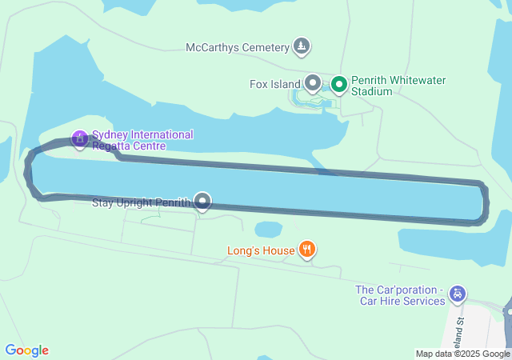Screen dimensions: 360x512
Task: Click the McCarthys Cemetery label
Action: coord(237,47)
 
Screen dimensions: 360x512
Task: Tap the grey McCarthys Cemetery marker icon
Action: coord(301,46)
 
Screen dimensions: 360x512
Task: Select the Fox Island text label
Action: coord(274,83)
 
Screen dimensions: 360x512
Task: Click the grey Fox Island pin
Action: coord(312,82)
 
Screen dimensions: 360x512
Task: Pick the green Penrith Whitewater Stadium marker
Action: coord(339,83)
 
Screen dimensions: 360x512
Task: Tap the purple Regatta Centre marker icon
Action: coord(79,139)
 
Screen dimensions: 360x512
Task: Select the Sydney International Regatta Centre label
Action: coord(142,140)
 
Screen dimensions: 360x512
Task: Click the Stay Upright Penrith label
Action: coord(142,202)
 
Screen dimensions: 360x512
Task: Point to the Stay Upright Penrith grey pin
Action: coord(203,201)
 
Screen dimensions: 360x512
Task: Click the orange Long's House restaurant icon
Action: coord(306,250)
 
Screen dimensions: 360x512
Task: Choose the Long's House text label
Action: coord(261,251)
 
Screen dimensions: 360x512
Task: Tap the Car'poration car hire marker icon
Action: coord(456,294)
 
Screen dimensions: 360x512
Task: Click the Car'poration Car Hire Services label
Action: coord(400,295)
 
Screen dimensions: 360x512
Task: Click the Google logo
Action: coord(26,350)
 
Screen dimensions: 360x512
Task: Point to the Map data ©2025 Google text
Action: coord(462,354)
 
